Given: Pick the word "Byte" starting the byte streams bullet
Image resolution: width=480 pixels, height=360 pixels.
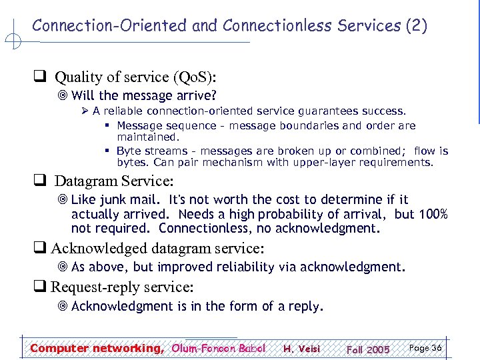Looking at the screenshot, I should pos(128,151).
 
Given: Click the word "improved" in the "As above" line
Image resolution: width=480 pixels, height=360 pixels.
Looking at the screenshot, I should pos(193,267).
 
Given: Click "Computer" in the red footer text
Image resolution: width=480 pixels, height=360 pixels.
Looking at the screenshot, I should pos(59,348).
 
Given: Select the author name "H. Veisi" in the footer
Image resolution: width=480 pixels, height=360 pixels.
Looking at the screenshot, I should pos(301,349).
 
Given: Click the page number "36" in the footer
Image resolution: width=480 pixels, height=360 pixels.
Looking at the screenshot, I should pos(436,348).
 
